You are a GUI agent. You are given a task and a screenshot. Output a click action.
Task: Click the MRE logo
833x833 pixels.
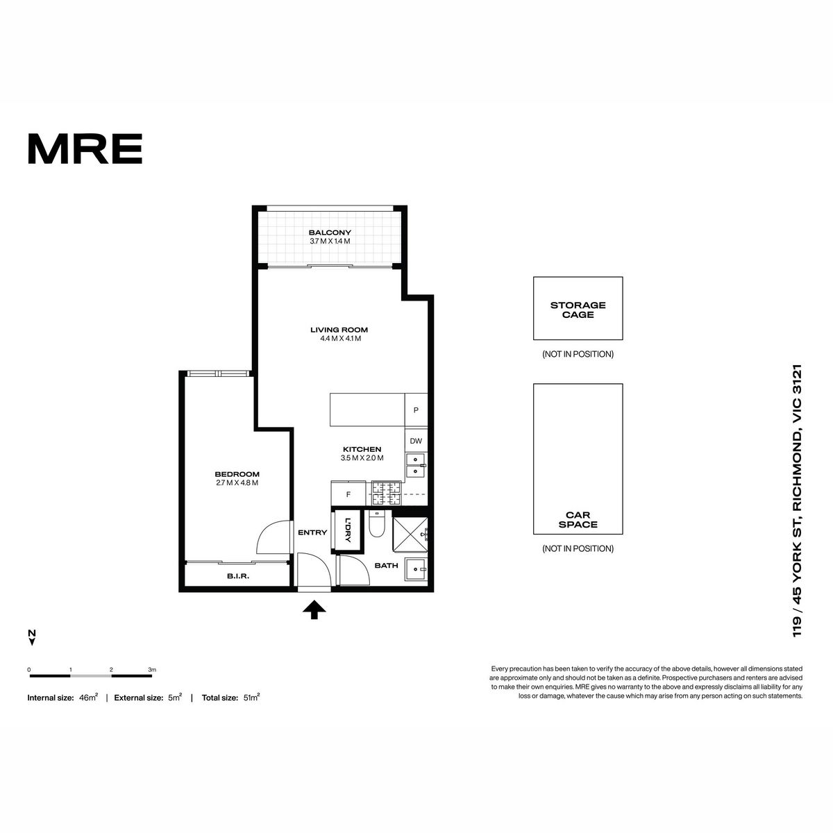(85, 149)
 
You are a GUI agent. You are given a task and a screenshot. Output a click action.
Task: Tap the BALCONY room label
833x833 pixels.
(330, 233)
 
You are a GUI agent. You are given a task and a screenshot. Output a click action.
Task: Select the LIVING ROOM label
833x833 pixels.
(339, 330)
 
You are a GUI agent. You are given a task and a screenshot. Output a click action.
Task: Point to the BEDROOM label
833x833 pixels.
(237, 474)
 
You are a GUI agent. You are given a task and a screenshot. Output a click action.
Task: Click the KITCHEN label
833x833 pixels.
(362, 450)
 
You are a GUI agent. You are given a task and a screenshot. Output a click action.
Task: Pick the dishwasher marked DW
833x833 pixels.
(416, 441)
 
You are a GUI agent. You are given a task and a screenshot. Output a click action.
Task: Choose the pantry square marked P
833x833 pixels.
(416, 410)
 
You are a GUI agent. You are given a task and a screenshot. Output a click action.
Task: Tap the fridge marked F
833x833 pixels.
(348, 494)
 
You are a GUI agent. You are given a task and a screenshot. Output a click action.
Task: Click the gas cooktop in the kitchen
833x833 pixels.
(386, 494)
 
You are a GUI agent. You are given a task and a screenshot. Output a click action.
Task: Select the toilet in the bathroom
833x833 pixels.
(377, 524)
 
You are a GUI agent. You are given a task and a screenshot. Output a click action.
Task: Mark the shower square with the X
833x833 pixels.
(410, 535)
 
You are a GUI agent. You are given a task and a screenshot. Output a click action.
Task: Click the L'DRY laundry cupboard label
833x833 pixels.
(348, 530)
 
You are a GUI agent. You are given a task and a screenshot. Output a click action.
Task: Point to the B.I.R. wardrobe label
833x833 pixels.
(238, 576)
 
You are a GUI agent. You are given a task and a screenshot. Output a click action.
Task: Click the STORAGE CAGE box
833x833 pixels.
(578, 308)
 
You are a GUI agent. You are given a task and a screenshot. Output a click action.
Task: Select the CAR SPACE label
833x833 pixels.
(578, 520)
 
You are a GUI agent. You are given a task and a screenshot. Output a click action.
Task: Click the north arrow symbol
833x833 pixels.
(31, 638)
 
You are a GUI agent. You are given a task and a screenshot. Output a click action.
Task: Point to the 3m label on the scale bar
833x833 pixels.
(152, 670)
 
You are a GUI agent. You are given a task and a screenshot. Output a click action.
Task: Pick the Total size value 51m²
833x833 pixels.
(251, 697)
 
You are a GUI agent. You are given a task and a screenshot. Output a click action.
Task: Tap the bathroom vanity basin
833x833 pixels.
(416, 571)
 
